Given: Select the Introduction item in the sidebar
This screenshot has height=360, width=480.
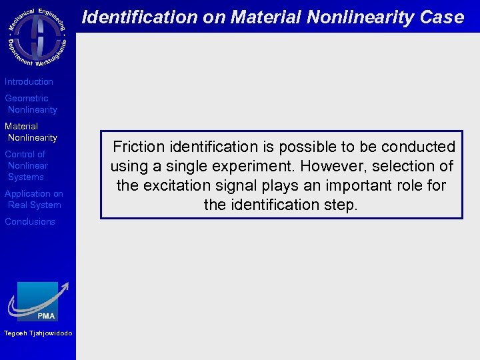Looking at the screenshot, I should [x=29, y=82].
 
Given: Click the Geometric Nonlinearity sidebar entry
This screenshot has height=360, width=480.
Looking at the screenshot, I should [x=31, y=104].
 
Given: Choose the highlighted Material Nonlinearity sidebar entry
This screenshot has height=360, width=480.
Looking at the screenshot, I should [x=31, y=132].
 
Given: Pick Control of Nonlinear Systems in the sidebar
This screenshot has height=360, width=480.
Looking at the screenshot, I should [x=27, y=165].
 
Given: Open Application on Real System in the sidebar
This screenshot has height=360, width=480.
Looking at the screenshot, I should [x=33, y=199].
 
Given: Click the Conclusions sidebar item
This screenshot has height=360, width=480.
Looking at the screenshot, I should [x=30, y=222].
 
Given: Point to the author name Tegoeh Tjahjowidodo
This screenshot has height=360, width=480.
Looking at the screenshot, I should [x=38, y=333].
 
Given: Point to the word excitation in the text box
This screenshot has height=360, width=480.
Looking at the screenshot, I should [x=175, y=185].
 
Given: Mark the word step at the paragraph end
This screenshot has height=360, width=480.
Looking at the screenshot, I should [x=341, y=205].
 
